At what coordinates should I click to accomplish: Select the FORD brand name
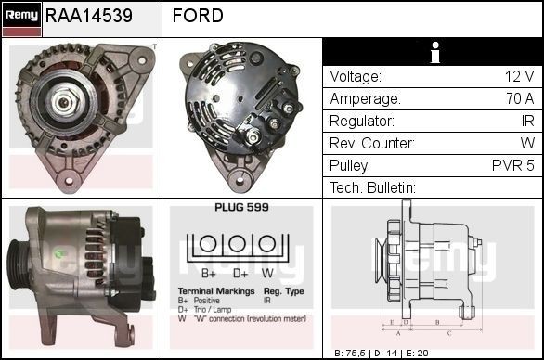click(198, 17)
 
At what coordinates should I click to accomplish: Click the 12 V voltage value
click(518, 77)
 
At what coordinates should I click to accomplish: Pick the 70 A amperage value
click(517, 99)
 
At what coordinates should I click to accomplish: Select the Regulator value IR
click(526, 122)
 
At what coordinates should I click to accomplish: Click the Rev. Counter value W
click(526, 144)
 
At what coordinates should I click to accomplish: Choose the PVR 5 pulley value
click(512, 166)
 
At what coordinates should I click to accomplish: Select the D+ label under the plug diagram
click(240, 274)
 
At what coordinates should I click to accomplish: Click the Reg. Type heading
click(283, 290)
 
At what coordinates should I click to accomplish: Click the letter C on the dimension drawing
click(448, 331)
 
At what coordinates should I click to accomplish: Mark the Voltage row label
click(356, 77)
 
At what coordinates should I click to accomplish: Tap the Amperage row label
click(365, 99)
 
